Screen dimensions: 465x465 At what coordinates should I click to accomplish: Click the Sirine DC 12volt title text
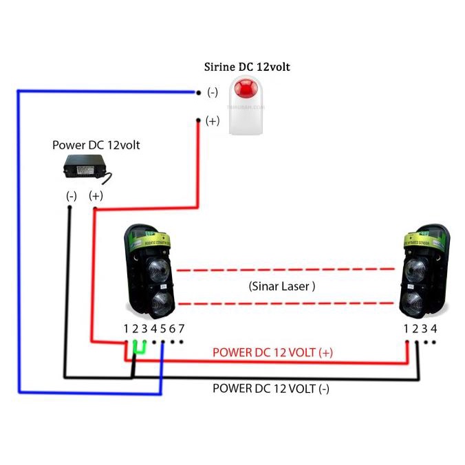pos(247,67)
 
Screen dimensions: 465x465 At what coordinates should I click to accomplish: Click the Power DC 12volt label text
pos(96,145)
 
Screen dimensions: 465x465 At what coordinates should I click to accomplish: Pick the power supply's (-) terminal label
pos(71,196)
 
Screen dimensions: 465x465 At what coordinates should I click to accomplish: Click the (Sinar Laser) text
pos(282,287)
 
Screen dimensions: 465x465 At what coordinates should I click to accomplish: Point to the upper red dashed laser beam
pos(289,270)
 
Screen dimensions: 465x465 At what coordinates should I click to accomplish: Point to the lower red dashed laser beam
pos(289,303)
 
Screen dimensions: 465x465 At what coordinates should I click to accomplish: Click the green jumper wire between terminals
pos(140,348)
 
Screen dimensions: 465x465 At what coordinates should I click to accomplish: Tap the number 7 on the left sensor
pos(181,328)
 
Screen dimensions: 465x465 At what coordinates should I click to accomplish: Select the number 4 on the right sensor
pos(433,328)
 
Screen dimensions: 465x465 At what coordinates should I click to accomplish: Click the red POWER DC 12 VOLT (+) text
pos(272,352)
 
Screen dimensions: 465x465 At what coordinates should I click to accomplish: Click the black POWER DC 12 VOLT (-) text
pos(270,388)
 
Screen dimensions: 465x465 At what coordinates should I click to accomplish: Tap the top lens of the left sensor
pos(157,270)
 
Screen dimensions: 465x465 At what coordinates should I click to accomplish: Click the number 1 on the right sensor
pos(407,328)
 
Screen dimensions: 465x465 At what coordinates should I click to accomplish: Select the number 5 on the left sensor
pos(163,328)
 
